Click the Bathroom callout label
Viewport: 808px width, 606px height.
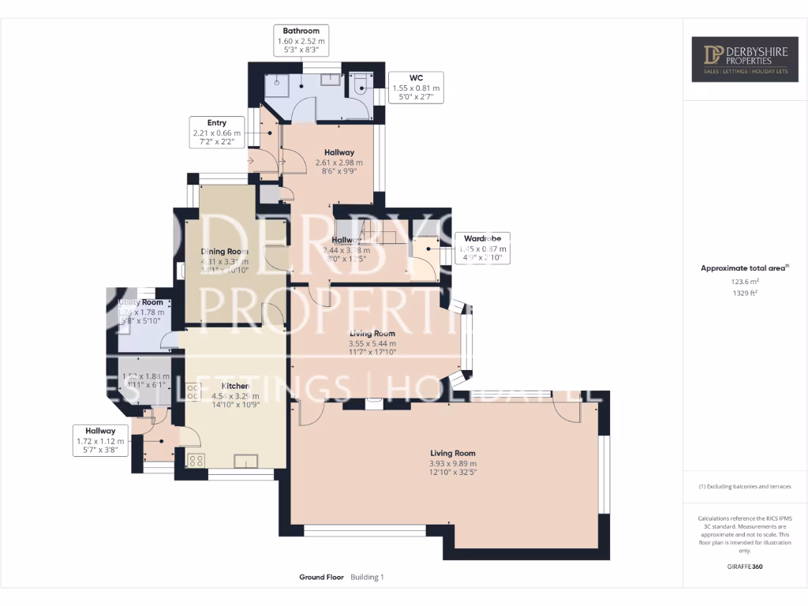pos(301,40)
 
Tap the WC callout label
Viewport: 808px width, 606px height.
pos(416,88)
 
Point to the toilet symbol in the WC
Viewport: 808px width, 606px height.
pos(360,85)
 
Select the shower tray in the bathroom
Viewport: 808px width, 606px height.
pos(277,84)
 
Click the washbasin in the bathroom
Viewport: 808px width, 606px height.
pos(332,80)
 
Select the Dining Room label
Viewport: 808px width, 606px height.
pos(224,252)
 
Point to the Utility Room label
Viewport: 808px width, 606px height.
pos(141,302)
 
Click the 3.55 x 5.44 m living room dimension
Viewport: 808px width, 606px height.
pos(372,344)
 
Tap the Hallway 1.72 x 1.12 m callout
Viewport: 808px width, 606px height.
pos(100,441)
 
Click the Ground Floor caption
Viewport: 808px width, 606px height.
pos(321,578)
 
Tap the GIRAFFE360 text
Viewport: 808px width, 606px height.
pos(745,566)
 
